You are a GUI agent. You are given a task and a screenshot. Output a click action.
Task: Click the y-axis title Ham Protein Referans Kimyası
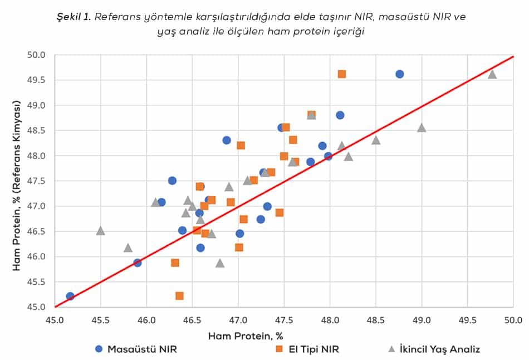point(17,186)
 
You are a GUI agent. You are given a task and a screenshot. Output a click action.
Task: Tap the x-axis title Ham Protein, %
point(246,336)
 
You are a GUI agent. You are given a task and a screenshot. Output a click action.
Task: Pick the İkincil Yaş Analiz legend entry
point(434,349)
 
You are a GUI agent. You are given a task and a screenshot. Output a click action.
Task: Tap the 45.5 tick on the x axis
point(100,319)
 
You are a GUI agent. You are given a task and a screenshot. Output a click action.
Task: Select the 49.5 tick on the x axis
point(467,319)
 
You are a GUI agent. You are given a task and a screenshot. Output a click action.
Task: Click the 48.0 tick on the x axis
point(330,319)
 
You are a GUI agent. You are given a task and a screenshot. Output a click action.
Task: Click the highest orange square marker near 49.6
point(341,74)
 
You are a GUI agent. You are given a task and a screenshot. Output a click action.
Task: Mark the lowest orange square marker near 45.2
point(179,296)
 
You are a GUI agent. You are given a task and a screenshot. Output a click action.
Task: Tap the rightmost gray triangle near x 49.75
point(492,74)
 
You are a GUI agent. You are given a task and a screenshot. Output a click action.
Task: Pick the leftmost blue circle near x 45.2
point(70,296)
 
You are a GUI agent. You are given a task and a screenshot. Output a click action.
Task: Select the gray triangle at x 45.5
point(100,231)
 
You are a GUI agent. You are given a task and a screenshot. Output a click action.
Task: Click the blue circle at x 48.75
point(399,74)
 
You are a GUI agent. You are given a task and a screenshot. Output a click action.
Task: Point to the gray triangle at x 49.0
point(422,128)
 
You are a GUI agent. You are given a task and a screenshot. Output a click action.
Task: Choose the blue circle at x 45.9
point(137,263)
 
